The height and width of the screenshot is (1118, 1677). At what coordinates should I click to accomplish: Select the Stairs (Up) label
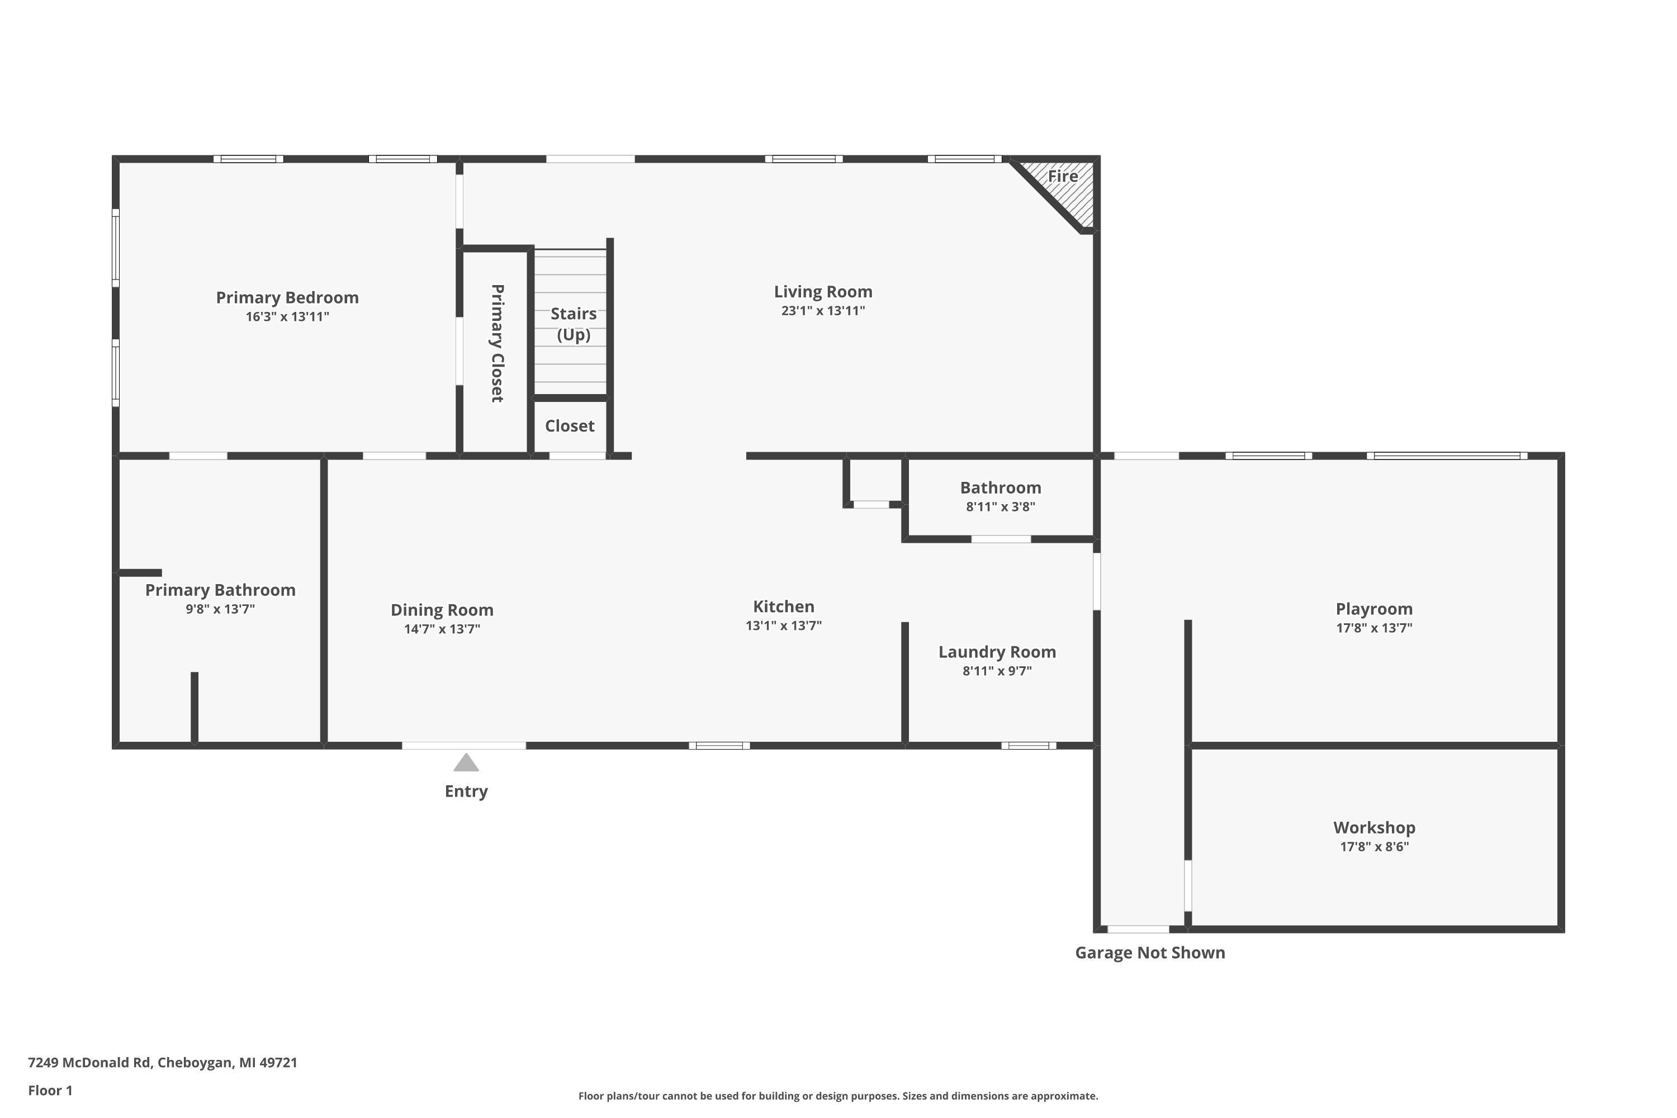574,324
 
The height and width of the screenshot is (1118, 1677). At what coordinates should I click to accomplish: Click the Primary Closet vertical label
497,343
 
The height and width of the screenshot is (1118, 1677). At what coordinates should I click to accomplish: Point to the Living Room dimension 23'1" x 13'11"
823,311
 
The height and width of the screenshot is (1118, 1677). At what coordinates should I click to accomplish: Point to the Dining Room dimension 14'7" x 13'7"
442,629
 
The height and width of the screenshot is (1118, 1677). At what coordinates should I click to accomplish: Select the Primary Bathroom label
220,590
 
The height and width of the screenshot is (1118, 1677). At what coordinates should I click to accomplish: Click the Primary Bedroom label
287,298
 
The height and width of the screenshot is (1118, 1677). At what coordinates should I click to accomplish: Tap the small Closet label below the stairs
570,427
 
